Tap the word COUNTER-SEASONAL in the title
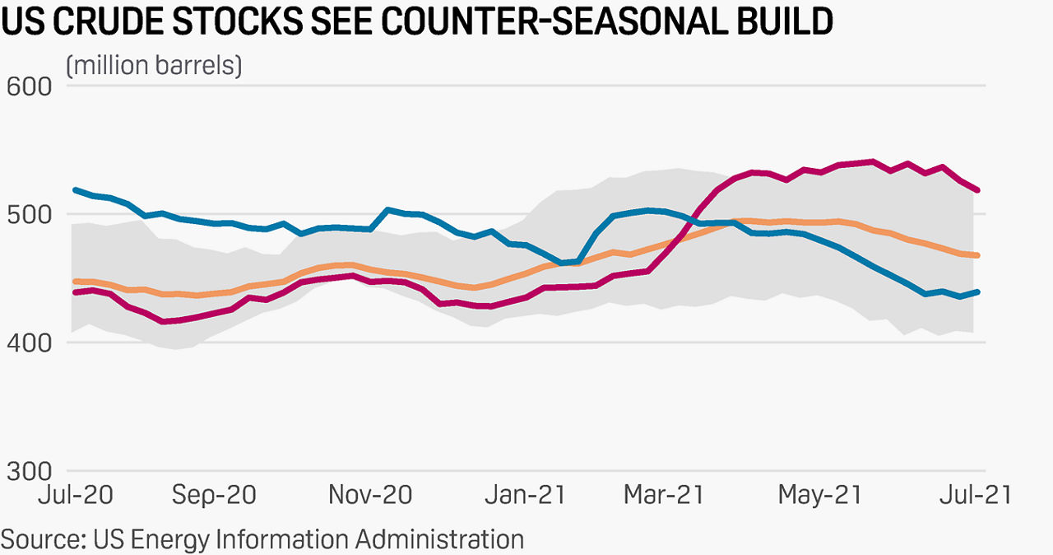560,21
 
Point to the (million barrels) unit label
154,65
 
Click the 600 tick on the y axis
28,86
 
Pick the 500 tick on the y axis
28,214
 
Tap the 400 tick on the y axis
28,342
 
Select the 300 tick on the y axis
28,470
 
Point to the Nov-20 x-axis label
370,495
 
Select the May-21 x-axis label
819,495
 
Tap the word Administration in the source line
439,539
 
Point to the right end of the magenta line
977,190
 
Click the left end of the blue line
75,190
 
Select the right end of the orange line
977,255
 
